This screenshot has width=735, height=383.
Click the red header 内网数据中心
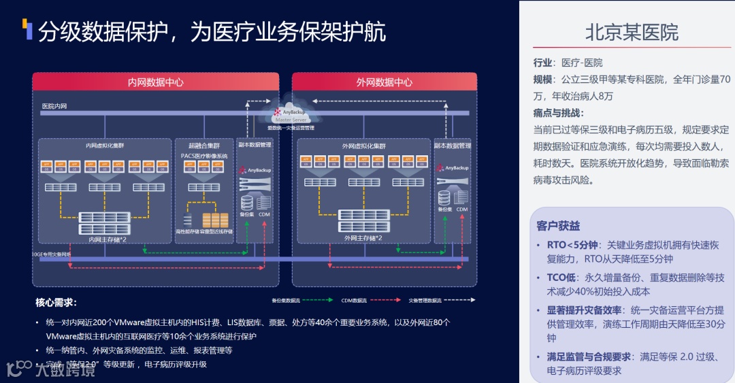tap(156, 82)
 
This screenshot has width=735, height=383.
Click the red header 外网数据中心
tap(384, 82)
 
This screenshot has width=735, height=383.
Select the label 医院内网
tap(54, 106)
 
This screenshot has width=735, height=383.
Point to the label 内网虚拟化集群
tap(105, 146)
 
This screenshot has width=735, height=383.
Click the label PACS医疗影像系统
tap(203, 156)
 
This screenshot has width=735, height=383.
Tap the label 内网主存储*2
tap(108, 239)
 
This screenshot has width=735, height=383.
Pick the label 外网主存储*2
tap(363, 238)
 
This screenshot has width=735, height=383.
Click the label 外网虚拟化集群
tap(363, 146)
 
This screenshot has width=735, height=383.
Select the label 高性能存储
tap(187, 231)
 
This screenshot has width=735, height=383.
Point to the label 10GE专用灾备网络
tap(51, 254)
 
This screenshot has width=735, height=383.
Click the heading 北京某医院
tap(632, 32)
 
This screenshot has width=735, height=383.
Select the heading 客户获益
tap(558, 225)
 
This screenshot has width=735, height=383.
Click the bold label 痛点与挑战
tap(559, 113)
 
